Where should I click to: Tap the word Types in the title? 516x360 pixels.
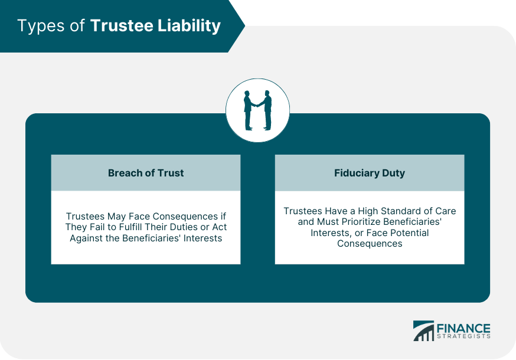point(38,26)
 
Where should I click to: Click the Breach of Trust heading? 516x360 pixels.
point(146,173)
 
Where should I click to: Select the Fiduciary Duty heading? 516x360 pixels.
point(370,173)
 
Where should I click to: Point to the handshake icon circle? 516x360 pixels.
point(258,110)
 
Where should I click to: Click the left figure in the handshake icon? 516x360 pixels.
point(249,110)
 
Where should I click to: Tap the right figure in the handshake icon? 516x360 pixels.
point(267,110)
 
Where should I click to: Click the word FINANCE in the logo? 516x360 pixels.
point(463,328)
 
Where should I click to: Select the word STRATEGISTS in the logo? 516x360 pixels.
point(463,338)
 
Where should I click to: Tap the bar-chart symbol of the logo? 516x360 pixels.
point(423,331)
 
